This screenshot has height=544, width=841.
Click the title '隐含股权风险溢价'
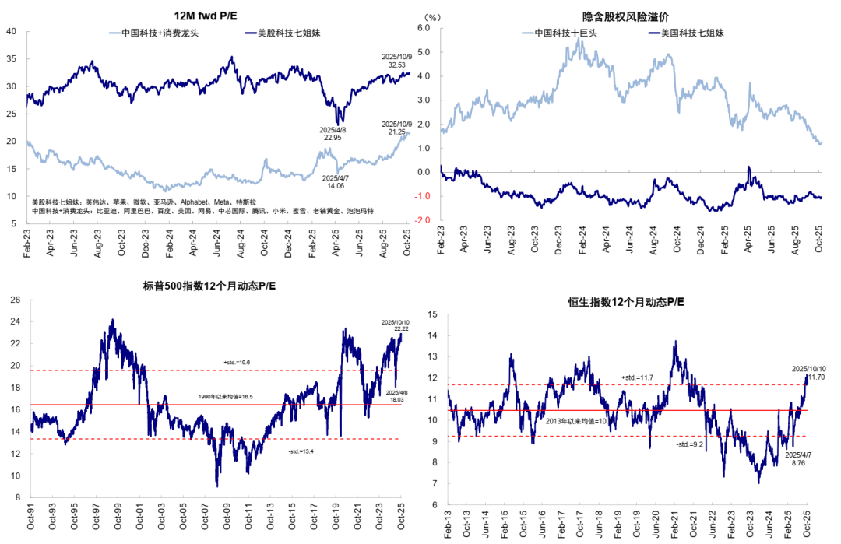(x=625, y=16)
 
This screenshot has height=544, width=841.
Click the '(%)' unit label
(x=434, y=16)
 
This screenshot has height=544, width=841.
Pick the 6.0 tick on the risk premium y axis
(x=424, y=27)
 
